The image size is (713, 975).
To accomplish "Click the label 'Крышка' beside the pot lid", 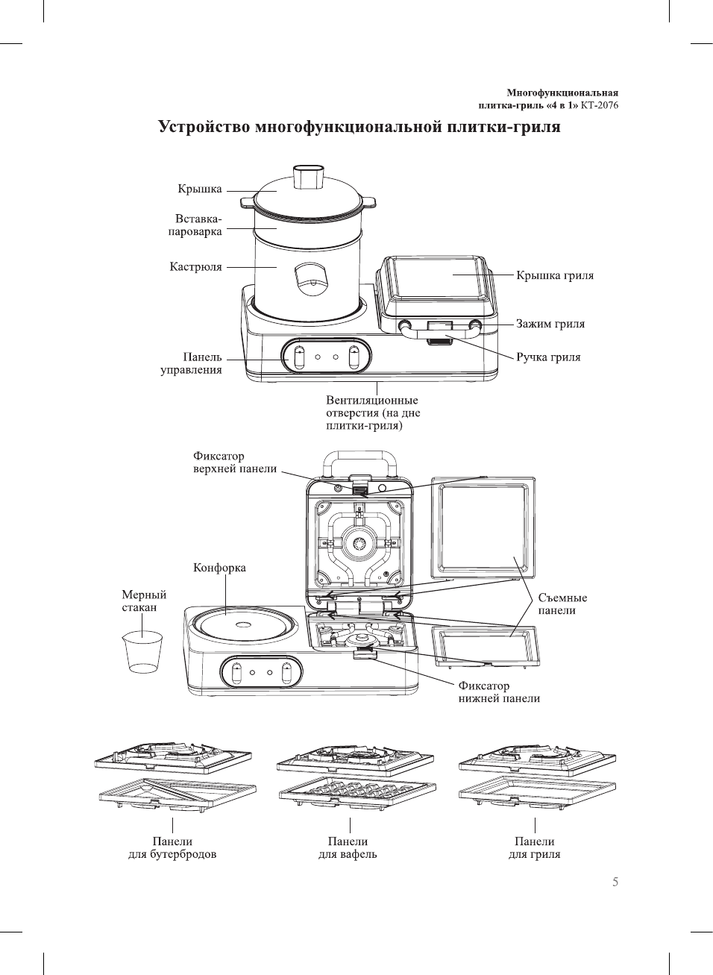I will pyautogui.click(x=200, y=189).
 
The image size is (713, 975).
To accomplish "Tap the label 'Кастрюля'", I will pyautogui.click(x=196, y=267).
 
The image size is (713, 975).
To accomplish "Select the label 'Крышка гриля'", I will pyautogui.click(x=555, y=276).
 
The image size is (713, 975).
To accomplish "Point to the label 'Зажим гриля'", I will pyautogui.click(x=550, y=325).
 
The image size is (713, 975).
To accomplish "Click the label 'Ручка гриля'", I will pyautogui.click(x=548, y=357).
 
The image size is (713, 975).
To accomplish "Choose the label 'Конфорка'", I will pyautogui.click(x=219, y=568).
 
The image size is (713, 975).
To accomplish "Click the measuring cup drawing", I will pyautogui.click(x=142, y=652).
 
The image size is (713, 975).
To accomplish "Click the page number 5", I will pyautogui.click(x=615, y=882).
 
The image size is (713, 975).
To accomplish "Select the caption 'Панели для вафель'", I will pyautogui.click(x=348, y=848).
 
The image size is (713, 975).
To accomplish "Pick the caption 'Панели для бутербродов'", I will pyautogui.click(x=172, y=848).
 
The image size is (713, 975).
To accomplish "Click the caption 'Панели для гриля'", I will pyautogui.click(x=534, y=848).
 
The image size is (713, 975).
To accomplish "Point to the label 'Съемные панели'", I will pyautogui.click(x=562, y=604).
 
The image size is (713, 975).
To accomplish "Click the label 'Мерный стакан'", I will pyautogui.click(x=144, y=601).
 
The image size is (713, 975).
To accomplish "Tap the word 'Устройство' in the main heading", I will pyautogui.click(x=204, y=127).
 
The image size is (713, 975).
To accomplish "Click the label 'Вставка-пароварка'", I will pyautogui.click(x=195, y=225).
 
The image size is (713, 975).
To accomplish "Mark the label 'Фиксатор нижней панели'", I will pyautogui.click(x=499, y=692).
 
